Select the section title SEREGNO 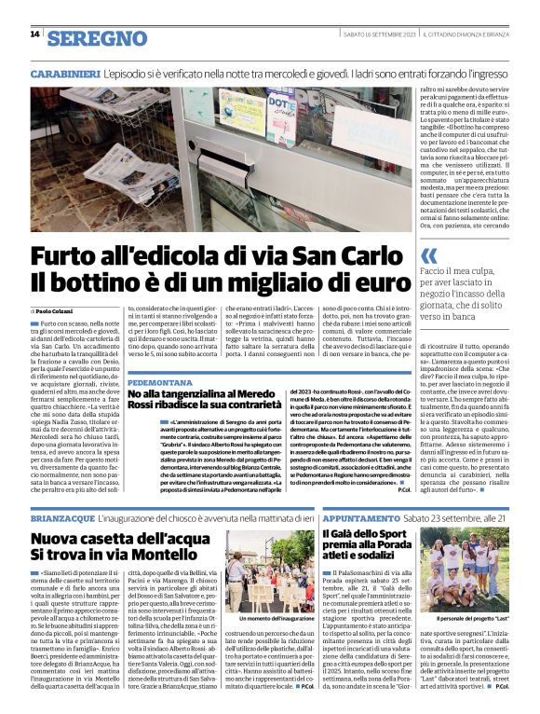pyautogui.click(x=97, y=38)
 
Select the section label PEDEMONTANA pyautogui.click(x=160, y=383)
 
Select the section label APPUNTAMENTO pyautogui.click(x=369, y=516)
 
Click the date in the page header pyautogui.click(x=377, y=34)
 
